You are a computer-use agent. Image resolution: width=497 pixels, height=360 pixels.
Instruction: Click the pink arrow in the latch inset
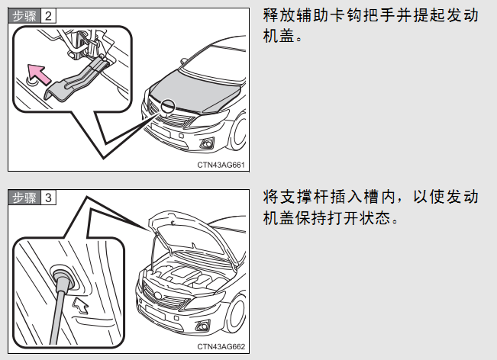pos(39,74)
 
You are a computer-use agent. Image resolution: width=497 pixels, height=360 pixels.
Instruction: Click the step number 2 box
pos(49,16)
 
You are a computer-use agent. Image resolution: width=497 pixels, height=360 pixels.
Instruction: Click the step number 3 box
pos(49,198)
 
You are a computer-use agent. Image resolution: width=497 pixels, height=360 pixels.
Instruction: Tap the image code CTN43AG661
pos(221,165)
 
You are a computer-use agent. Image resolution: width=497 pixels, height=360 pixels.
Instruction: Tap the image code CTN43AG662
pos(221,347)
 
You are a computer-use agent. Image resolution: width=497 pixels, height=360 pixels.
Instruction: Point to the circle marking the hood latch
pos(168,106)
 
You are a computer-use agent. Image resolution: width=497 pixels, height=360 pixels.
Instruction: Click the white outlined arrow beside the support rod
pos(81,306)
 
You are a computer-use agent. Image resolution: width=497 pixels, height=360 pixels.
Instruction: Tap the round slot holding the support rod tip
pos(63,277)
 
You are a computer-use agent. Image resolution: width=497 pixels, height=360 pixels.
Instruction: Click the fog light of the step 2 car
pos(208,144)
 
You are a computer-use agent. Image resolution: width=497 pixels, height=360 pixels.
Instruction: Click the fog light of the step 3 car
pos(203,326)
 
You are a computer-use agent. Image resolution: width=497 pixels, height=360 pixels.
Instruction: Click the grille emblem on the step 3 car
pos(158,296)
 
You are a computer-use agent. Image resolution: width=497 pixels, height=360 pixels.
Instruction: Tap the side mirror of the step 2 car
pos(183,61)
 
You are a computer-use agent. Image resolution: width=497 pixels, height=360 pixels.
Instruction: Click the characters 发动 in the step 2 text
pos(462,15)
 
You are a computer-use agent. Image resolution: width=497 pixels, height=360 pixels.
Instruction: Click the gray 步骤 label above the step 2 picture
pos(24,16)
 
